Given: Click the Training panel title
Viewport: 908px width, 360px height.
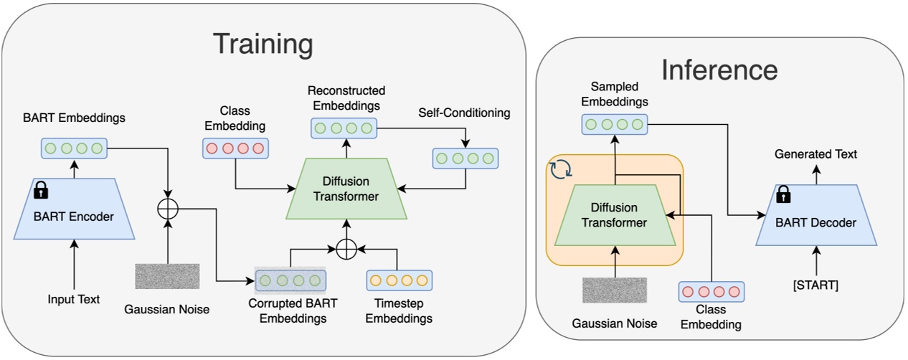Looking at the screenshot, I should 263,44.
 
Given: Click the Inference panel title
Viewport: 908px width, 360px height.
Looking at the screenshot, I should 719,70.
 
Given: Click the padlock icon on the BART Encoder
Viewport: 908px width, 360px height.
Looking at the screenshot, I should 41,189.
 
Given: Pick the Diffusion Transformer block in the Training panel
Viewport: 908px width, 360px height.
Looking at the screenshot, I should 346,190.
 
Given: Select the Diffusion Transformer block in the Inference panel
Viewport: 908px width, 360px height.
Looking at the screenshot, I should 614,214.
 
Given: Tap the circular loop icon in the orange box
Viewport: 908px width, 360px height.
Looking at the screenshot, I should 559,171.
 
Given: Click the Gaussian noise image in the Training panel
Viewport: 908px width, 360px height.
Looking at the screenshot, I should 167,276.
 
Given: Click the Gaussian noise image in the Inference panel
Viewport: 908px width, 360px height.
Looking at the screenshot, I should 614,290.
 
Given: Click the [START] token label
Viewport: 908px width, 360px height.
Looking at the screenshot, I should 816,285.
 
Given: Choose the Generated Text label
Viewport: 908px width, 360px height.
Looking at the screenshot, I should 816,154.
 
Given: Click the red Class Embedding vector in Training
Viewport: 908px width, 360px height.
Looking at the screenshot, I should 234,148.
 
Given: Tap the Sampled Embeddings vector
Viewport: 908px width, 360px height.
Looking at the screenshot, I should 613,124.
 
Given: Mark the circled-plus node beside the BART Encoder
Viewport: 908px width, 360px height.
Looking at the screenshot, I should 167,209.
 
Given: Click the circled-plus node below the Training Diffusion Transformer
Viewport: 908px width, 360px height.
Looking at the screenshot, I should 346,248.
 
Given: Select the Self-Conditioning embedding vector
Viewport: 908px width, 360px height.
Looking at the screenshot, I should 465,158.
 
